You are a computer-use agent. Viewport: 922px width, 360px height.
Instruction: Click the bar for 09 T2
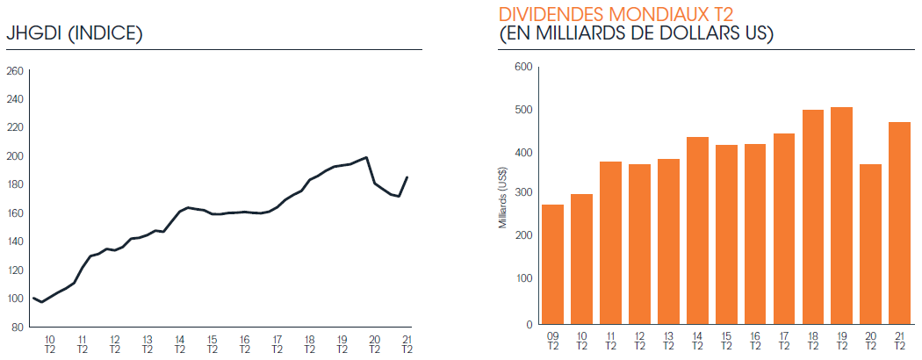point(552,264)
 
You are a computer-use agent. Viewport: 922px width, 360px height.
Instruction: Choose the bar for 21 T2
point(899,223)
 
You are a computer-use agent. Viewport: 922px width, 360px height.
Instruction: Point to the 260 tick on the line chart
point(16,72)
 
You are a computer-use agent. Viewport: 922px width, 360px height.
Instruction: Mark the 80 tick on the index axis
point(18,327)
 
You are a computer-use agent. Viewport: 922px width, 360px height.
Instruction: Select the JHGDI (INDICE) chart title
point(74,34)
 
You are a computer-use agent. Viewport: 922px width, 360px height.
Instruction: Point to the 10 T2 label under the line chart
point(49,344)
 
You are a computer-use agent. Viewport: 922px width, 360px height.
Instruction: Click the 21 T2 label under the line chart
point(407,344)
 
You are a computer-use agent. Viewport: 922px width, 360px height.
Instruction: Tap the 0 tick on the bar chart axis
point(529,324)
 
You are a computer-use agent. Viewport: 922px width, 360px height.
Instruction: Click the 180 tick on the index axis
point(16,184)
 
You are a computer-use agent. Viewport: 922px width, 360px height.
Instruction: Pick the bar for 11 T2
point(610,242)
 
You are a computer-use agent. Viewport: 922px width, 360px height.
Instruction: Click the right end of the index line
point(407,177)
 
